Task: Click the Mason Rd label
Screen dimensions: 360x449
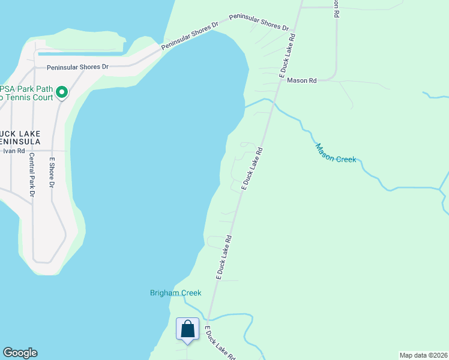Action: tap(301, 80)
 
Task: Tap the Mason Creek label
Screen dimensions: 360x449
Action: tap(336, 153)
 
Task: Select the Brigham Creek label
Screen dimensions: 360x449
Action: tap(175, 293)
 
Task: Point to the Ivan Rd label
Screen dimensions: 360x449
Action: tap(12, 151)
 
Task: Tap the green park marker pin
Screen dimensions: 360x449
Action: tap(62, 92)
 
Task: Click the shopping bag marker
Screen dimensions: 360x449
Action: tap(188, 329)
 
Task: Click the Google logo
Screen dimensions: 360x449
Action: tap(20, 353)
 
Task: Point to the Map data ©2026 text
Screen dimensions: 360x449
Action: tap(424, 355)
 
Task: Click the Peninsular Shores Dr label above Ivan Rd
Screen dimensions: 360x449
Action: tap(77, 67)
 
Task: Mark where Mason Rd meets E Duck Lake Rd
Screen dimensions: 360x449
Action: tap(282, 80)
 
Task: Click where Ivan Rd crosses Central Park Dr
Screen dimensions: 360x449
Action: tap(32, 151)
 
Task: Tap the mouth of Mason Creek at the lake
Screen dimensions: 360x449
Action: tap(245, 107)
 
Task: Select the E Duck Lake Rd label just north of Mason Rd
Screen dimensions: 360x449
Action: tap(288, 54)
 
